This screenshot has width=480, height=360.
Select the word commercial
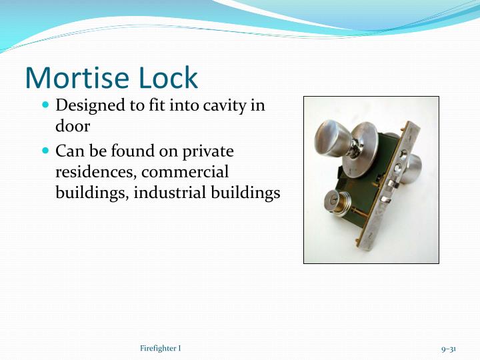(185, 172)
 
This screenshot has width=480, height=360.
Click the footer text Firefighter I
(161, 349)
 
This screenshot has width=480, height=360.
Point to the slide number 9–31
(448, 349)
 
